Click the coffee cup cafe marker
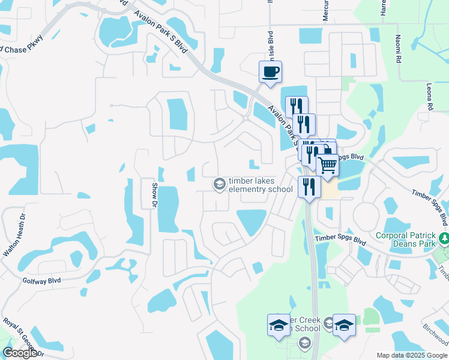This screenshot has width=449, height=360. (x=270, y=72)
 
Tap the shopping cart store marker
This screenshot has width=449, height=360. (x=327, y=164)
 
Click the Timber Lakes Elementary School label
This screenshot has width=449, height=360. (x=259, y=185)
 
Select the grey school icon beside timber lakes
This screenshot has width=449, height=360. (x=219, y=184)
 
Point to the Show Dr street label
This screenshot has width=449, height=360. (x=154, y=195)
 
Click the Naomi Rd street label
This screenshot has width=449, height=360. (x=398, y=49)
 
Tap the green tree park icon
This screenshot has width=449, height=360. (x=444, y=239)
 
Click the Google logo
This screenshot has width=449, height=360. (x=20, y=353)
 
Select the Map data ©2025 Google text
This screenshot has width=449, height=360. (x=412, y=355)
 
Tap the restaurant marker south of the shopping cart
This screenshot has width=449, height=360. (x=309, y=186)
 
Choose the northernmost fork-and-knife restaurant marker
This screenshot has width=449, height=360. (x=297, y=107)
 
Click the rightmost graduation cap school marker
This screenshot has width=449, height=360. (x=344, y=325)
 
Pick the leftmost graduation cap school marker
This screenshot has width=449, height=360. (x=278, y=325)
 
